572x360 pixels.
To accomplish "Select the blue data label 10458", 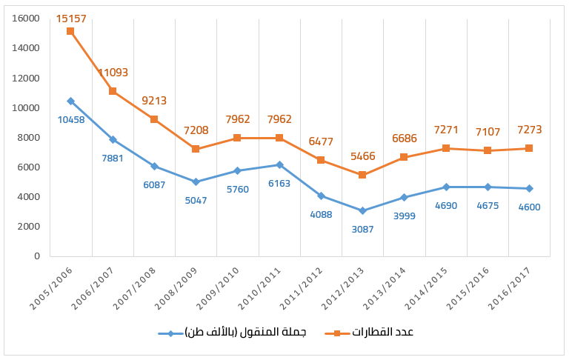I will [70, 119].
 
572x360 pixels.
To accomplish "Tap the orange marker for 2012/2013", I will [362, 175].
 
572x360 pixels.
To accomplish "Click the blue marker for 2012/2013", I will [362, 210].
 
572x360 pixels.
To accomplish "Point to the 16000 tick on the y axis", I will [26, 19].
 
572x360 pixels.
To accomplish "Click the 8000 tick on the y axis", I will [28, 137].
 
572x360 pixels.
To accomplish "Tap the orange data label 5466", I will [362, 157].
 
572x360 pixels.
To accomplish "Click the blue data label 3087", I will [362, 229].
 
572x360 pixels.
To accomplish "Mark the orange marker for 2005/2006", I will [70, 31].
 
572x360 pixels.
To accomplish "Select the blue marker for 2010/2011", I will [279, 164].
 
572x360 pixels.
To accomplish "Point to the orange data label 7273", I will [529, 130].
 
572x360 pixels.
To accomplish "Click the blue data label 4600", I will [529, 207].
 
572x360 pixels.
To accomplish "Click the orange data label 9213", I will [154, 101].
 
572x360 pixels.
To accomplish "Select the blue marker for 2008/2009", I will [196, 181].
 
